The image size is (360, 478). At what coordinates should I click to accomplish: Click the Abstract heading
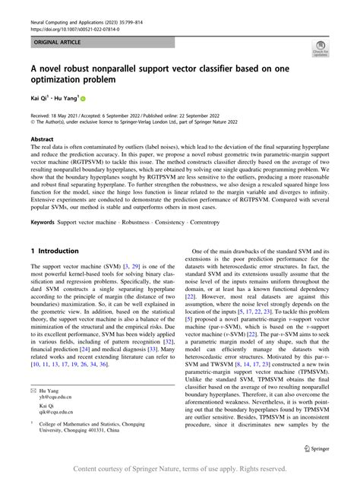click(x=42, y=140)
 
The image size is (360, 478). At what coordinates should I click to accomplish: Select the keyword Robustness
click(x=140, y=222)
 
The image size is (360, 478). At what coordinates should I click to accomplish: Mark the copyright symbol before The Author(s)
click(x=33, y=126)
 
